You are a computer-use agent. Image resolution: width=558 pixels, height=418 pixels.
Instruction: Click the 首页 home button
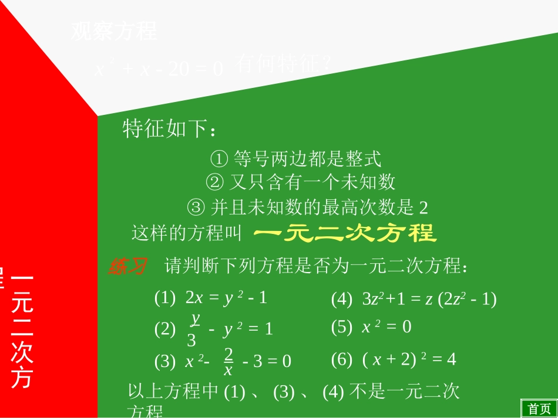[539, 409]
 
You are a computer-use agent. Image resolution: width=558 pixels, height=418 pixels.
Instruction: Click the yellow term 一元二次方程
[345, 233]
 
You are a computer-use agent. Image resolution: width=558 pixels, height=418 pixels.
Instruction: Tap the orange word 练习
[127, 267]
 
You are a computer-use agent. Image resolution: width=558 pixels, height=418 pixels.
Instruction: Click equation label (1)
[165, 298]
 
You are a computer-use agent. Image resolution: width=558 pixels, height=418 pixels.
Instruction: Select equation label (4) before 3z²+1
[342, 300]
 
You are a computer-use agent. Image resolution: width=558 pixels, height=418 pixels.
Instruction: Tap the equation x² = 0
[386, 327]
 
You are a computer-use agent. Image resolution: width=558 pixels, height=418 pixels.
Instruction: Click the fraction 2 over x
[228, 361]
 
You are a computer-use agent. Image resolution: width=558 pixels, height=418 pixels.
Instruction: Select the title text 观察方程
[114, 31]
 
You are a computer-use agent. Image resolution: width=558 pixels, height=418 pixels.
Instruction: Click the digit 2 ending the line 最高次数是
[424, 208]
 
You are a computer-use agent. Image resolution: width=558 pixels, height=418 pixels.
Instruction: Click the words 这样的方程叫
[187, 234]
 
